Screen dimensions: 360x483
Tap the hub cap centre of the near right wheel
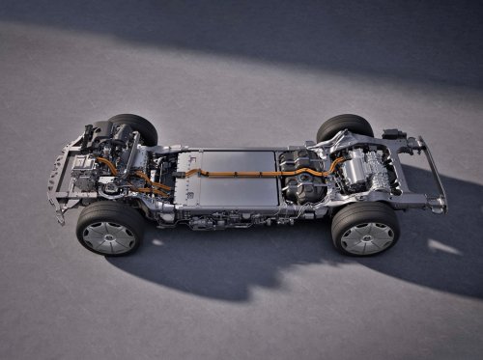click(367, 236)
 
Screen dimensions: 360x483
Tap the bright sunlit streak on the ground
click(444, 247)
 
